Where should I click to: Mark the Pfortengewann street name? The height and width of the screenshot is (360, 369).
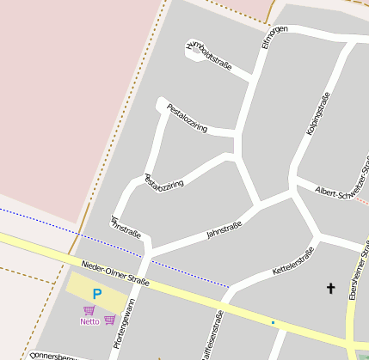pos(123,323)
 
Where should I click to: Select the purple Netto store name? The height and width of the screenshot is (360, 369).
pos(89,321)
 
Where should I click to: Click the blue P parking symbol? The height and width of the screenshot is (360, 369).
pos(96,295)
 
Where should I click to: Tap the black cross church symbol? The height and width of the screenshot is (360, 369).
pos(329,288)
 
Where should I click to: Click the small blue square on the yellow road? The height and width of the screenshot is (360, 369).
pos(273,322)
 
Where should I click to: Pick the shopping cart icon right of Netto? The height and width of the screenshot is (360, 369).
pos(109,320)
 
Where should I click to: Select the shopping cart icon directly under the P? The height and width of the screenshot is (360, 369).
pos(89,309)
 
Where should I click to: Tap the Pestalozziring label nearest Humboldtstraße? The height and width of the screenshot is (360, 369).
pos(188,119)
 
